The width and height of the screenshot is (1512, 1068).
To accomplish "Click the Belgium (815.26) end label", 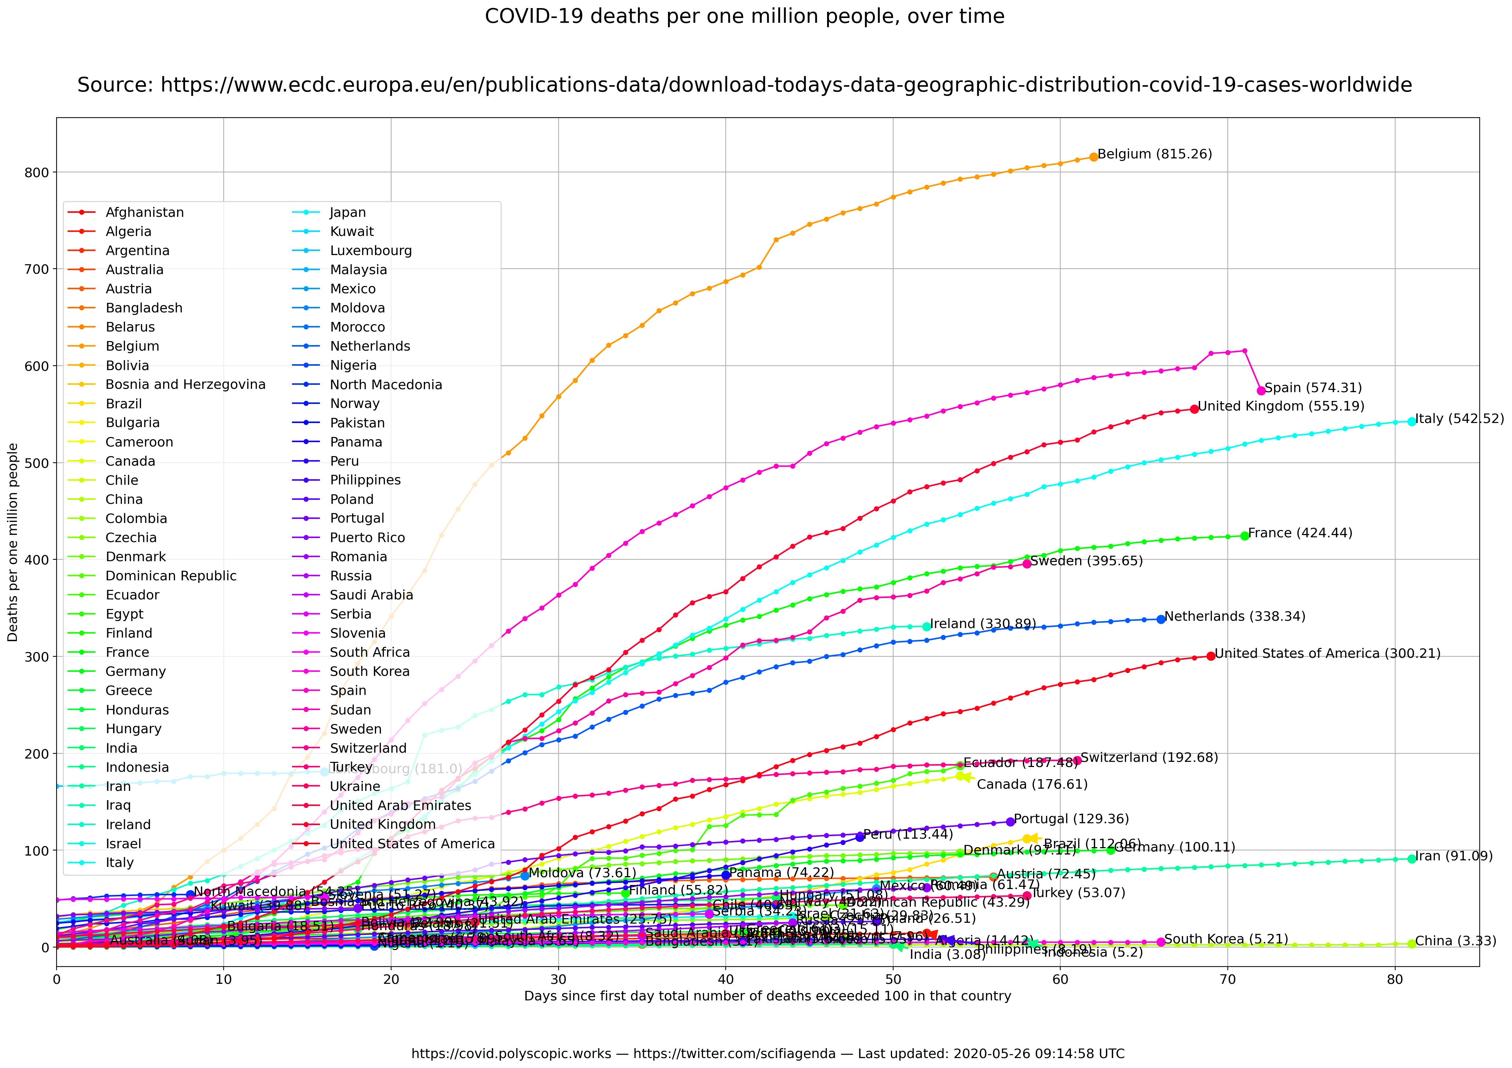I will [1154, 154].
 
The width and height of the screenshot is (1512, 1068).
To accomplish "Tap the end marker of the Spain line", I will [1261, 391].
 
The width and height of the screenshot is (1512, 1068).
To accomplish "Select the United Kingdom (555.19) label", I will [1281, 406].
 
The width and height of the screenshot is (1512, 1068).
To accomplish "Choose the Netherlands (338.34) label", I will [1235, 617].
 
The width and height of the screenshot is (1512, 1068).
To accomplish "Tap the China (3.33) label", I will [1455, 941].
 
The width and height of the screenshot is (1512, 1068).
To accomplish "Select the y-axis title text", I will [13, 542].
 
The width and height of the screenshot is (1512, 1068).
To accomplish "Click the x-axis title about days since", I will [767, 996].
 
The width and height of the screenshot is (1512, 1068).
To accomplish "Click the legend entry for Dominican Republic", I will [170, 576].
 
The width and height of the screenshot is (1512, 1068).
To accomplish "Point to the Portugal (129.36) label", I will [1071, 819].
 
